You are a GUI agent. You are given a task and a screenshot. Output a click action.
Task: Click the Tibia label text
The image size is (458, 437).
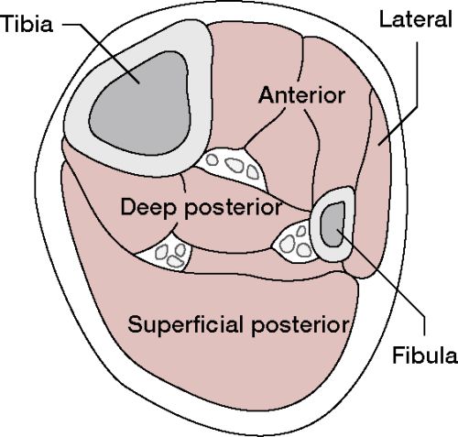click(x=27, y=24)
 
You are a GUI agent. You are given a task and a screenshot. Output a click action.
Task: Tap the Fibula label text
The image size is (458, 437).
click(x=425, y=355)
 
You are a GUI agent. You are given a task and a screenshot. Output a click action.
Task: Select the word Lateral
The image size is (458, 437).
click(x=415, y=19)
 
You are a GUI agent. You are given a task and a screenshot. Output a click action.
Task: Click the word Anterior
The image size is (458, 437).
click(x=301, y=95)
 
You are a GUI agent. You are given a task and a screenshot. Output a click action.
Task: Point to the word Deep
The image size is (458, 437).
click(x=148, y=208)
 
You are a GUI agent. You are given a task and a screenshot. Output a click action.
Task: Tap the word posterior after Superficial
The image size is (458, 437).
click(x=300, y=326)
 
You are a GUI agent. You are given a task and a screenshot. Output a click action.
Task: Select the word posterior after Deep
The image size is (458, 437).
click(x=233, y=209)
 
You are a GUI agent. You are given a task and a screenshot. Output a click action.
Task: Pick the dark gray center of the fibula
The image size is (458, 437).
click(x=333, y=224)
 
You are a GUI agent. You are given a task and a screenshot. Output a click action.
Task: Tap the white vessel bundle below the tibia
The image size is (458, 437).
click(x=234, y=168)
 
